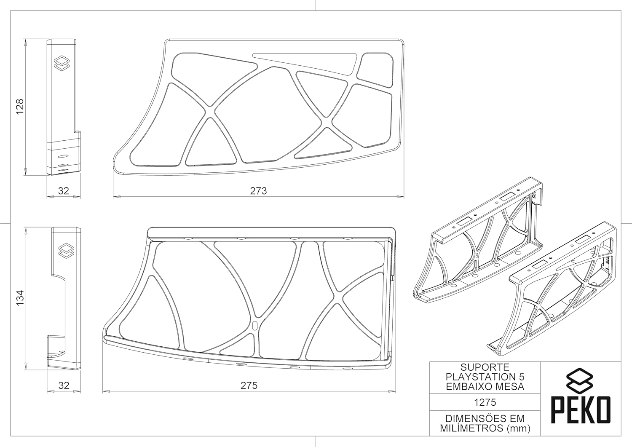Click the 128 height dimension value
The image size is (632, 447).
[x=20, y=107]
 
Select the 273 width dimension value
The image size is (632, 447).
[x=258, y=191]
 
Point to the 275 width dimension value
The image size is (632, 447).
[x=249, y=385]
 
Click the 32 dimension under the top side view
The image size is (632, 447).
[x=64, y=191]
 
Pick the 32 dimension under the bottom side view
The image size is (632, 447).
[x=64, y=385]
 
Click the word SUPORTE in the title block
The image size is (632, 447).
[x=485, y=367]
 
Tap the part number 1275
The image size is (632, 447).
[x=485, y=402]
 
